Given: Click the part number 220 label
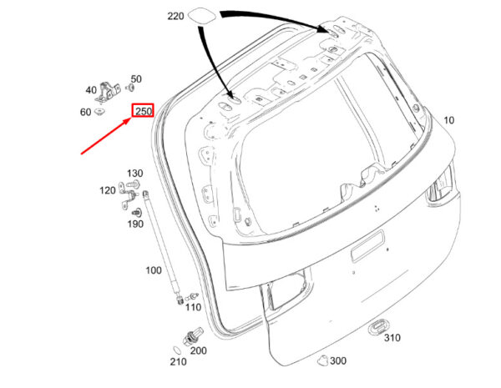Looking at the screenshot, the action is (x=175, y=16).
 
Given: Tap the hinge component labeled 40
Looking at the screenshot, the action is (x=108, y=93).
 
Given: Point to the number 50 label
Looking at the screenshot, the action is (x=136, y=79).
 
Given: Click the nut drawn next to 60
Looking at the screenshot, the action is (x=100, y=112).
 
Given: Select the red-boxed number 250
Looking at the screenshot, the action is (x=144, y=111).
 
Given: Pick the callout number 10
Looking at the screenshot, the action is (x=449, y=120).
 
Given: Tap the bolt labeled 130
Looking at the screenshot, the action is (x=134, y=184).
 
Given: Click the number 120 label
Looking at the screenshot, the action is (x=108, y=190).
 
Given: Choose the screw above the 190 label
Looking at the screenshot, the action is (x=137, y=213).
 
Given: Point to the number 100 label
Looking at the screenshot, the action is (x=154, y=270).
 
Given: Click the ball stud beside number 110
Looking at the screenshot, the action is (x=192, y=297).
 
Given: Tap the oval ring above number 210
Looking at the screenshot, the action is (x=177, y=350).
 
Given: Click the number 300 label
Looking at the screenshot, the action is (x=338, y=361).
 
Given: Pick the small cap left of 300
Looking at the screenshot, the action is (x=322, y=360).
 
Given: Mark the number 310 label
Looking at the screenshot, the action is (x=392, y=338).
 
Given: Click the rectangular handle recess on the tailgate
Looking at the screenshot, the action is (x=367, y=246).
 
